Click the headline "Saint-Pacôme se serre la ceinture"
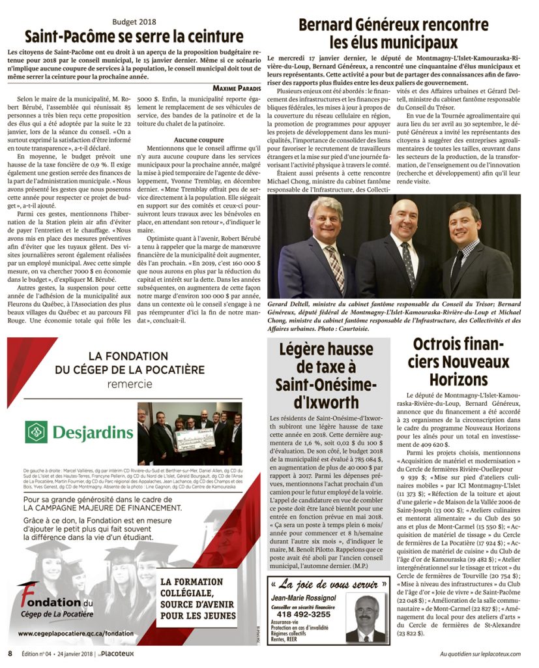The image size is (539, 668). coord(134,37)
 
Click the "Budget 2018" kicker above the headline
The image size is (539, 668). coord(134,22)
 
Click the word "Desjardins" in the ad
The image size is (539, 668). coord(93,433)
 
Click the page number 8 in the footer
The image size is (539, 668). coord(10,653)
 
